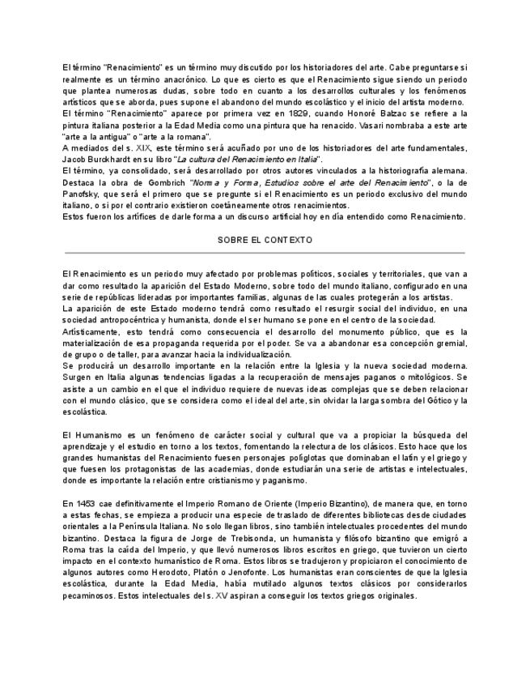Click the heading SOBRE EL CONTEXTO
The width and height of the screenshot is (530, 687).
click(x=265, y=241)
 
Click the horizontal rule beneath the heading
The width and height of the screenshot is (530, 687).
click(x=265, y=253)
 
